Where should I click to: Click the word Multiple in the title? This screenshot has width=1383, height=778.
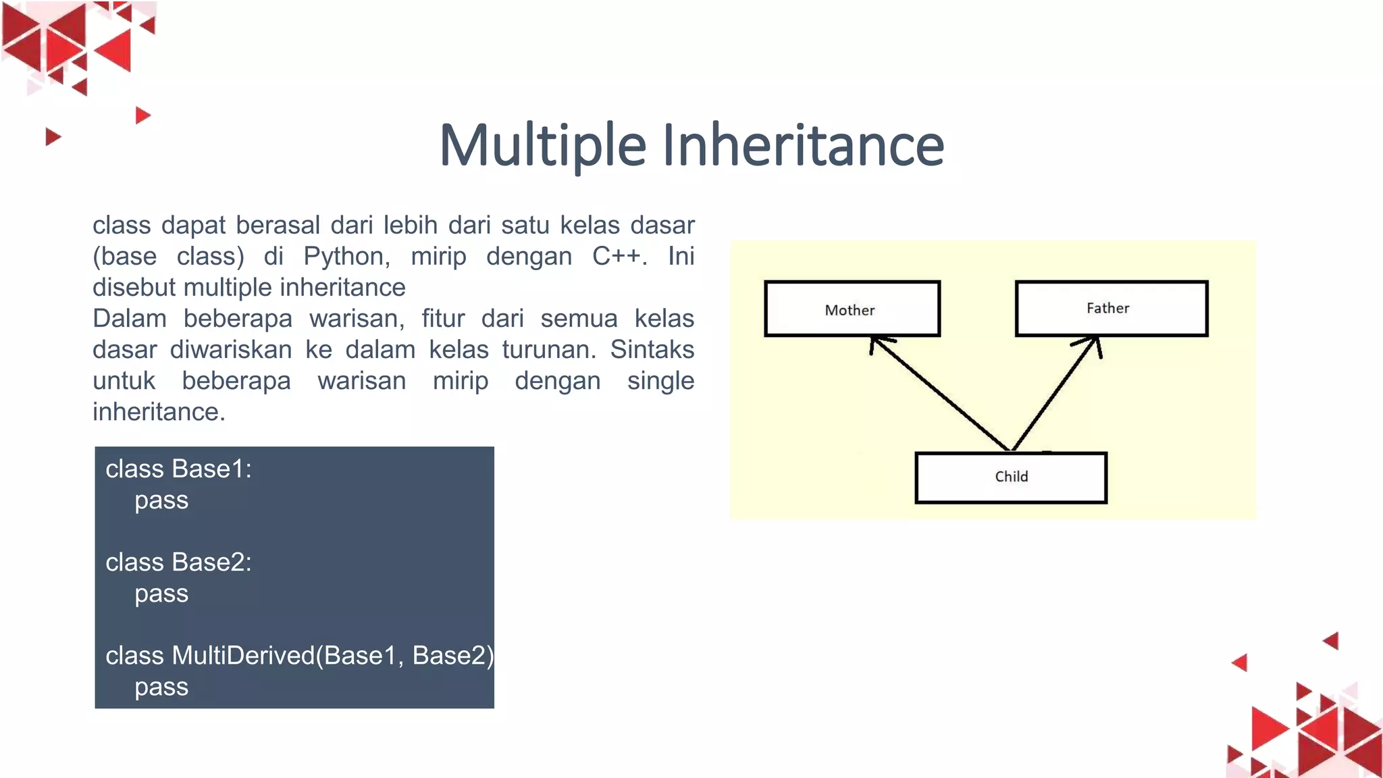tap(542, 145)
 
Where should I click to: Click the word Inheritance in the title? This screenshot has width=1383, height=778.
tap(803, 145)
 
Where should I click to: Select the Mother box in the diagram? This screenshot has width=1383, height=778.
tap(852, 309)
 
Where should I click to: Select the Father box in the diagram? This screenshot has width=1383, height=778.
tap(1111, 309)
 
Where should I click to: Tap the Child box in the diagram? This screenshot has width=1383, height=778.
tap(1010, 477)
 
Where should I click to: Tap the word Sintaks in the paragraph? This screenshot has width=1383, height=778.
tap(652, 350)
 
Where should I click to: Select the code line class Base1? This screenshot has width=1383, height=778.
tap(178, 469)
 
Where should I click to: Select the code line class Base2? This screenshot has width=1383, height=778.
tap(178, 563)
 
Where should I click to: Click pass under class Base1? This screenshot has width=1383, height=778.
tap(161, 501)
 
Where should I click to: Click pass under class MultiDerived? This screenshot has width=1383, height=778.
tap(161, 688)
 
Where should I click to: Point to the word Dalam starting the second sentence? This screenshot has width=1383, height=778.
tap(129, 319)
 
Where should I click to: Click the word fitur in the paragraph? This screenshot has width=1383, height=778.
tap(443, 319)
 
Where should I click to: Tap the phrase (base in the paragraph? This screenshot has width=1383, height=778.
tap(124, 257)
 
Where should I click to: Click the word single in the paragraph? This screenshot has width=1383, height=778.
tap(660, 381)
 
